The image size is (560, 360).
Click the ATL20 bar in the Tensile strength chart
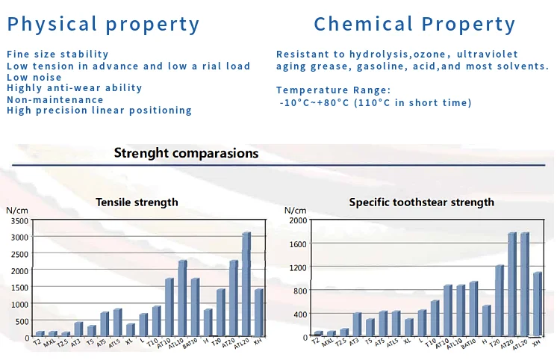pos(246,285)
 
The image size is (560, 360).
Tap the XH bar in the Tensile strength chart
pos(258,313)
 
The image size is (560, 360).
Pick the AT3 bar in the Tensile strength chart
pos(78,329)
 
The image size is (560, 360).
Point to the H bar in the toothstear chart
pos(486,321)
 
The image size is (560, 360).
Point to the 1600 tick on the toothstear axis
pos(298,243)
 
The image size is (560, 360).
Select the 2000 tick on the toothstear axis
pos(298,220)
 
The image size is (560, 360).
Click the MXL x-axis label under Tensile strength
pos(50,344)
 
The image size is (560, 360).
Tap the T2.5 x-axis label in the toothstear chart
pos(341,344)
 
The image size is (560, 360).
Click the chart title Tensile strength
pos(137,202)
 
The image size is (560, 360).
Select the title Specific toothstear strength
pos(421,202)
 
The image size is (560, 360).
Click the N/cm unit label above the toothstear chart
pos(296,210)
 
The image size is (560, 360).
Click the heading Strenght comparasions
pos(186,153)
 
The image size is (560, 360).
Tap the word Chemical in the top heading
pos(365,24)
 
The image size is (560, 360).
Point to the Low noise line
pos(34,77)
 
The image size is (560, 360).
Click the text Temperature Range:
pos(333,90)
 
